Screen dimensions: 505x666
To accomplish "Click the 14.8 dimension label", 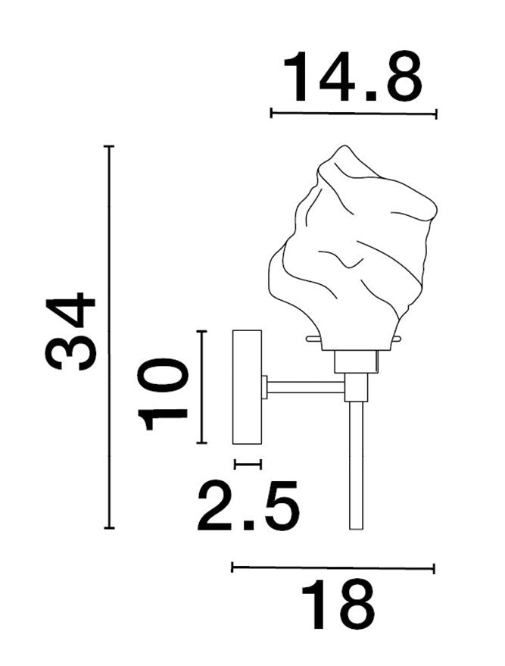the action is pyautogui.click(x=353, y=77).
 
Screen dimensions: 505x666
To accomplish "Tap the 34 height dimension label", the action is pyautogui.click(x=70, y=331).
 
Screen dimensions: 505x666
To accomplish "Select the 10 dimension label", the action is pyautogui.click(x=162, y=394).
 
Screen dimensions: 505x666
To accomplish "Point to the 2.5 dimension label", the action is pyautogui.click(x=248, y=505).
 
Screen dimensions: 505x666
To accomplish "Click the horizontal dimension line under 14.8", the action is pyautogui.click(x=354, y=114).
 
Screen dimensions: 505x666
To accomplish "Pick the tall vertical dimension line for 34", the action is pyautogui.click(x=110, y=337).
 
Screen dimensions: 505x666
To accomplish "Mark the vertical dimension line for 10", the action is pyautogui.click(x=202, y=386).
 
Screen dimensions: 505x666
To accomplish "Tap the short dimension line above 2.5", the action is pyautogui.click(x=248, y=464).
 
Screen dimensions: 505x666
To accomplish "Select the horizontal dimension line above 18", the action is pyautogui.click(x=333, y=568).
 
